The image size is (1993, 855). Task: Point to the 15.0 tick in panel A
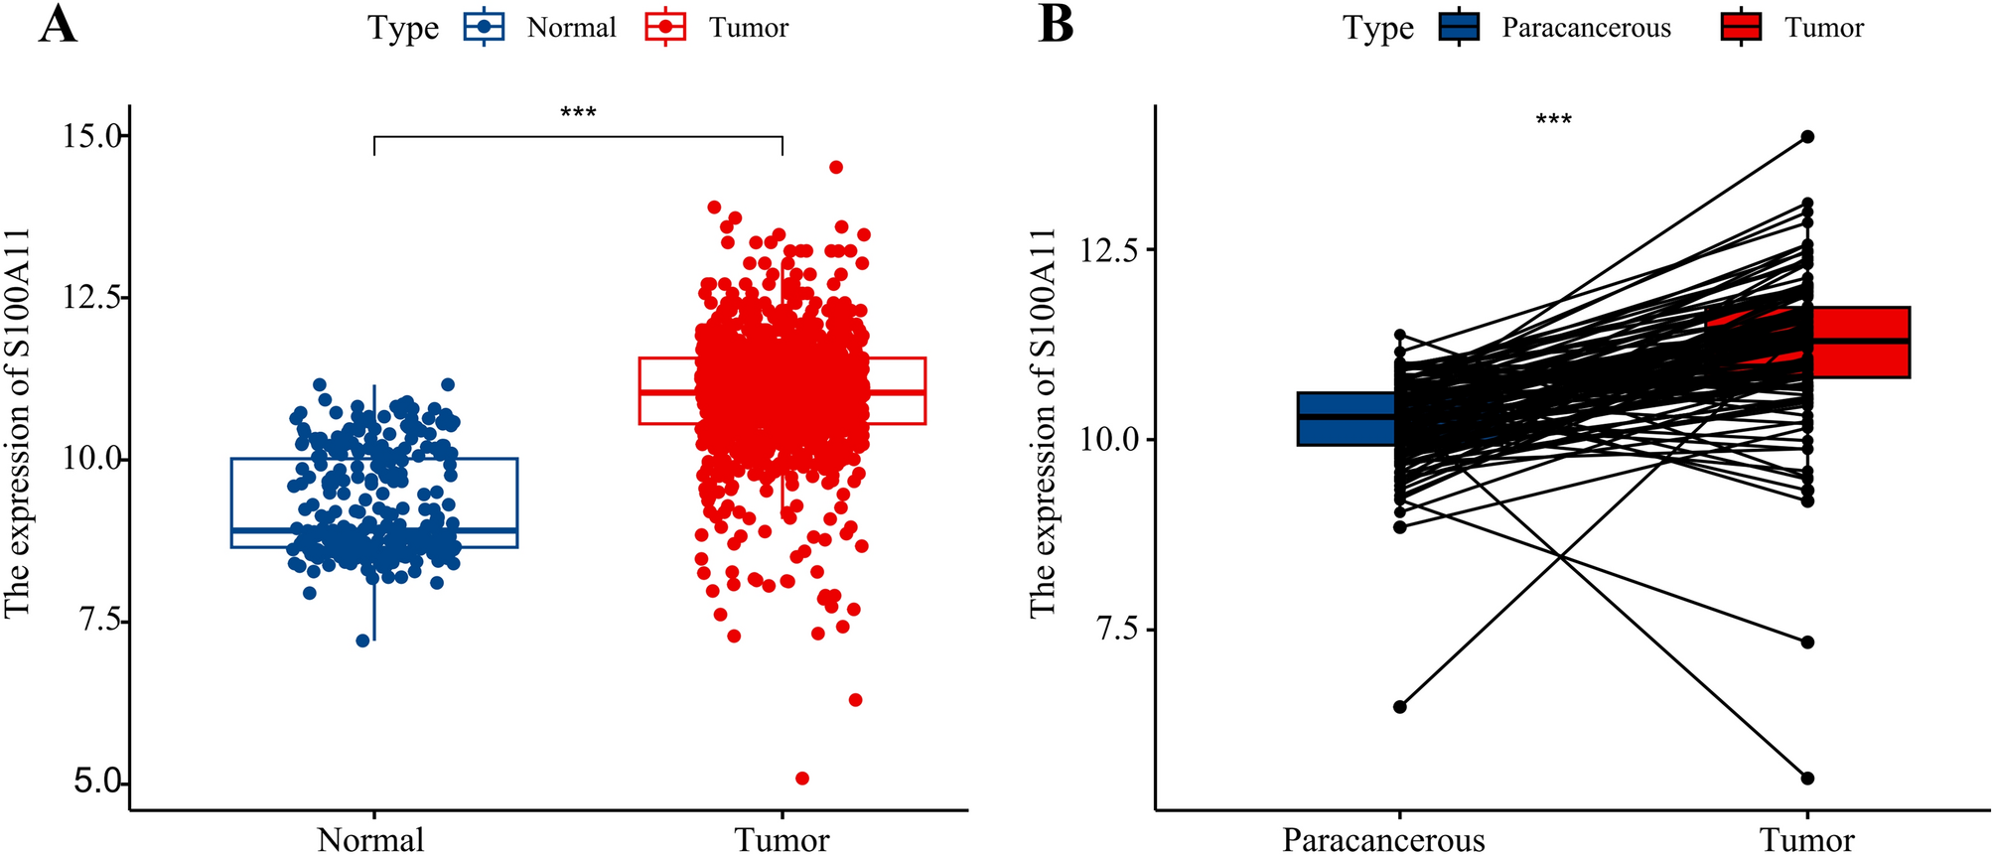click(94, 135)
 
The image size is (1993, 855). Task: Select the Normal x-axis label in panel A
click(370, 839)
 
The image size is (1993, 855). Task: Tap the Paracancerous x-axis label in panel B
click(1383, 839)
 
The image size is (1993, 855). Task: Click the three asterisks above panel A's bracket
click(578, 112)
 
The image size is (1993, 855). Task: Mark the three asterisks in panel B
click(1553, 121)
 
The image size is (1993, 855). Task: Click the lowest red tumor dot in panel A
click(802, 778)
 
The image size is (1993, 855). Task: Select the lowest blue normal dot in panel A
click(362, 641)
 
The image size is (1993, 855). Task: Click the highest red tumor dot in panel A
click(836, 167)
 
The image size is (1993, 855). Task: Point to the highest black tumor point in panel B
click(1807, 136)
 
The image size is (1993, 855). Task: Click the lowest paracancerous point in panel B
click(1399, 706)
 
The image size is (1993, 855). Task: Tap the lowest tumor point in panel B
click(1807, 778)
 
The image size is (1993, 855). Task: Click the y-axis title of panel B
click(1042, 422)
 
